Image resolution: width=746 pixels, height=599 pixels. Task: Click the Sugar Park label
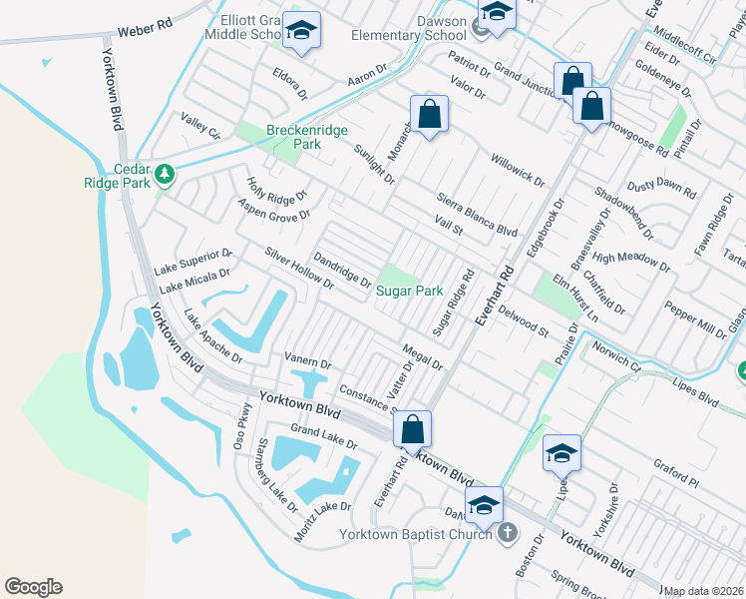409,292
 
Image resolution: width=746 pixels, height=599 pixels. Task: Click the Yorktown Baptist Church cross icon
508,533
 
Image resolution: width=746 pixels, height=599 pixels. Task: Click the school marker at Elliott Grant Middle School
300,33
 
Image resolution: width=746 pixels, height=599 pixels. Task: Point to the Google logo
33,587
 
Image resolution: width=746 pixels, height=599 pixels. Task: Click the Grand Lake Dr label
324,436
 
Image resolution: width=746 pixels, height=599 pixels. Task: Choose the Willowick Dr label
518,170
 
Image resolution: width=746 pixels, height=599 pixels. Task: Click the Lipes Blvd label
694,391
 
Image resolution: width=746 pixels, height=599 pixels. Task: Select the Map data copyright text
704,591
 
